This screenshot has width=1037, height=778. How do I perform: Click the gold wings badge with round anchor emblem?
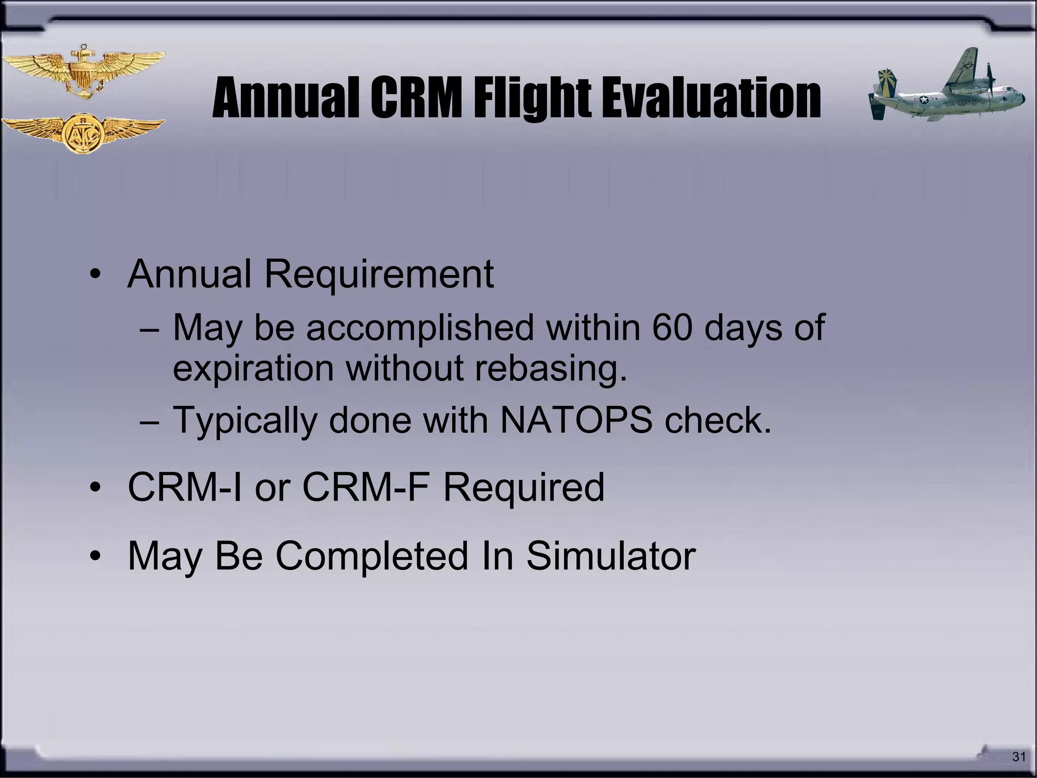click(x=83, y=133)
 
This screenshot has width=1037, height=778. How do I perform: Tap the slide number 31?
click(x=1018, y=757)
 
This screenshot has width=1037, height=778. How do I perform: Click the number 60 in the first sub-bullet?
click(x=672, y=328)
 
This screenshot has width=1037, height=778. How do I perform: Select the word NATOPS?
click(x=576, y=420)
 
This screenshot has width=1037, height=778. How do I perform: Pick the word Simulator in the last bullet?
click(x=611, y=556)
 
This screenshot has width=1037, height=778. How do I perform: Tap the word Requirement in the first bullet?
click(x=379, y=274)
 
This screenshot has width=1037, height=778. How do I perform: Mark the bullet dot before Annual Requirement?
click(x=95, y=276)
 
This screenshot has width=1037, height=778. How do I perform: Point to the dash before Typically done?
click(x=150, y=421)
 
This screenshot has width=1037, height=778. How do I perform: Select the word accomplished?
click(x=420, y=328)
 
